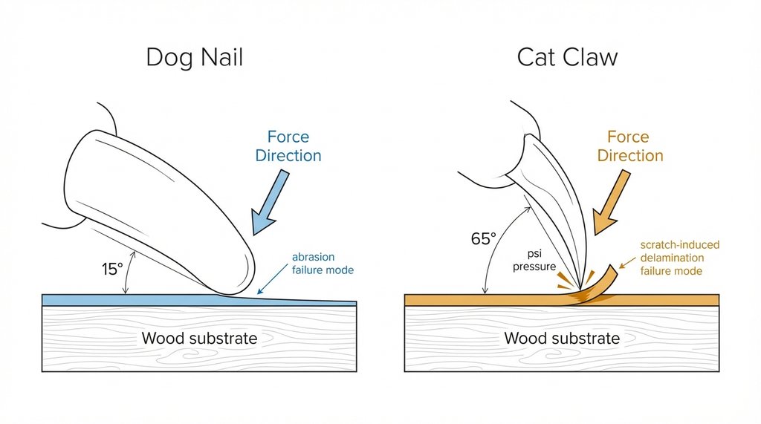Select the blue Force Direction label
click(x=288, y=146)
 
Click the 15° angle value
click(x=112, y=270)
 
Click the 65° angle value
click(x=483, y=239)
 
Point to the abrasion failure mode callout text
click(x=323, y=264)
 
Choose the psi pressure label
click(x=534, y=259)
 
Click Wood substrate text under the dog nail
click(x=199, y=339)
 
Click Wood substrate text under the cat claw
click(x=561, y=339)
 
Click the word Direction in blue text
click(x=288, y=156)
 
